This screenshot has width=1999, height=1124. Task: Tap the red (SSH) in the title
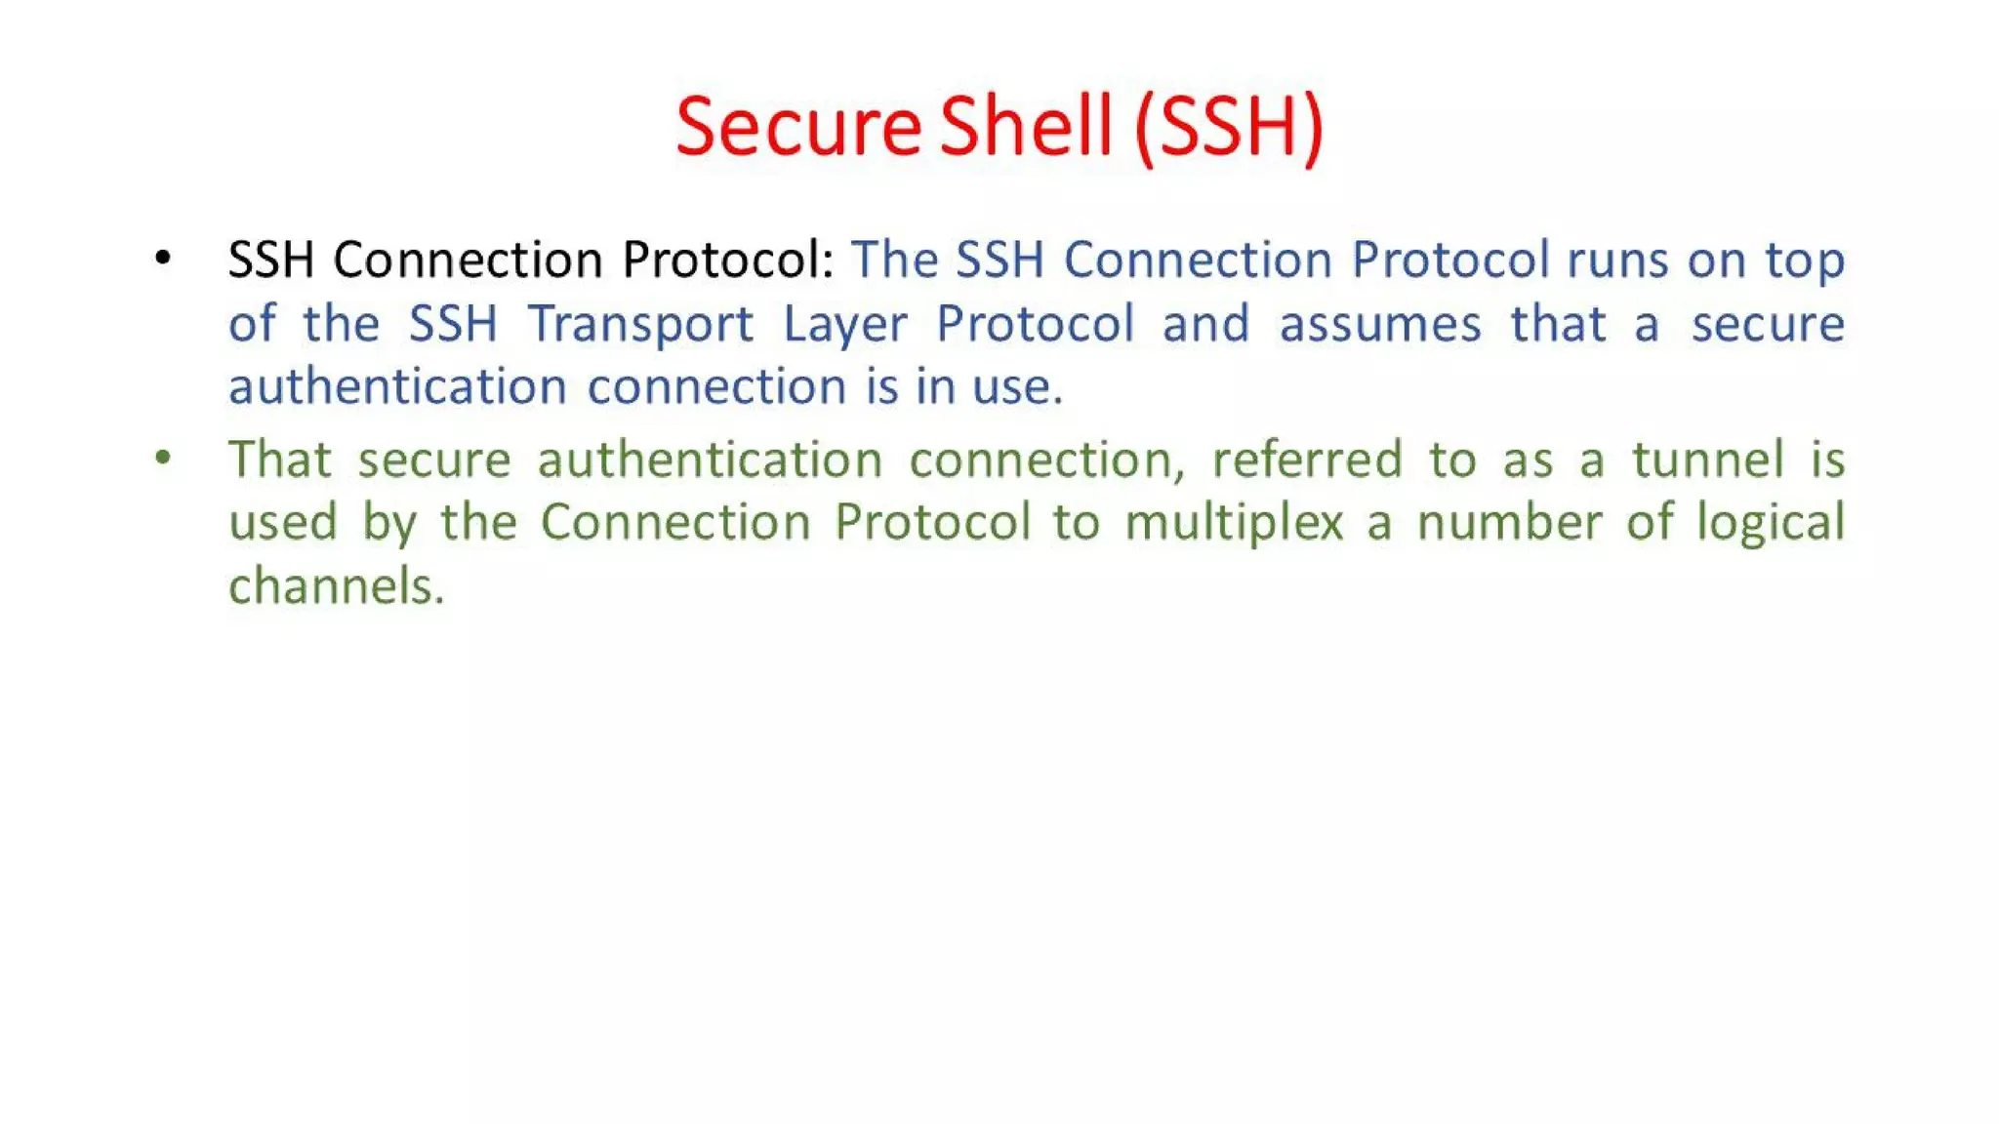click(x=1229, y=126)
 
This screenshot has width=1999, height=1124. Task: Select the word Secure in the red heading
click(x=798, y=126)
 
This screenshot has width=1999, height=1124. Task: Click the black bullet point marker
click(x=163, y=259)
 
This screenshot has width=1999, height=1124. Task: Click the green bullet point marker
click(x=163, y=458)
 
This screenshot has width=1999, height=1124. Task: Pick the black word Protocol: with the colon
click(x=728, y=260)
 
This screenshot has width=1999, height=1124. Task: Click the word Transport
click(x=640, y=324)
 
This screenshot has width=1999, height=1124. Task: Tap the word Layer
click(x=845, y=324)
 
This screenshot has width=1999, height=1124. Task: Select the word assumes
click(x=1380, y=324)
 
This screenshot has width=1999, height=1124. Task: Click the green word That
click(x=280, y=459)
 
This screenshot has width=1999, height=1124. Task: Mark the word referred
click(x=1307, y=459)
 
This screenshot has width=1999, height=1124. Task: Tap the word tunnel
click(x=1708, y=459)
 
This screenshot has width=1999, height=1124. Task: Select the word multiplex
click(x=1235, y=523)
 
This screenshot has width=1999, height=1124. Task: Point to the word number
click(x=1509, y=522)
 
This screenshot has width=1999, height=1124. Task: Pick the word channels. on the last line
click(x=337, y=586)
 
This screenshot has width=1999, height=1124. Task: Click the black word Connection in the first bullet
click(x=468, y=260)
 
